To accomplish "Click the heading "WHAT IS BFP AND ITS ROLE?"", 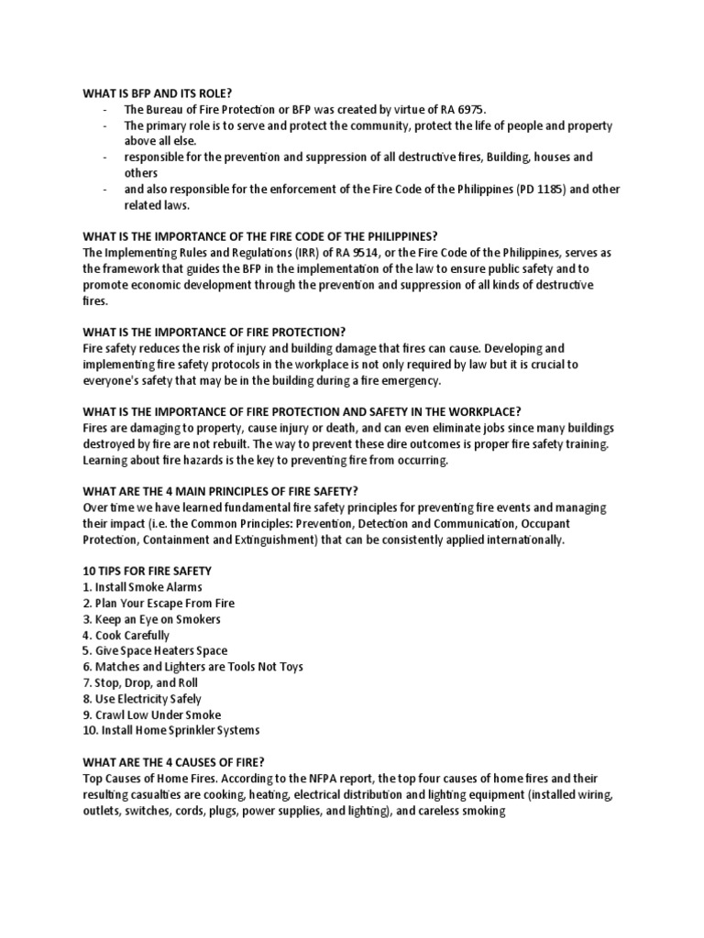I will pos(157,93).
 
